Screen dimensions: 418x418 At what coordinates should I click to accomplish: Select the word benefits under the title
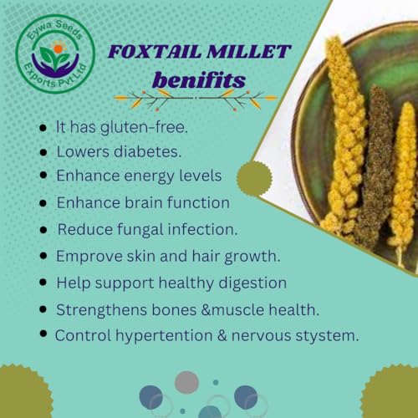[198, 79]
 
